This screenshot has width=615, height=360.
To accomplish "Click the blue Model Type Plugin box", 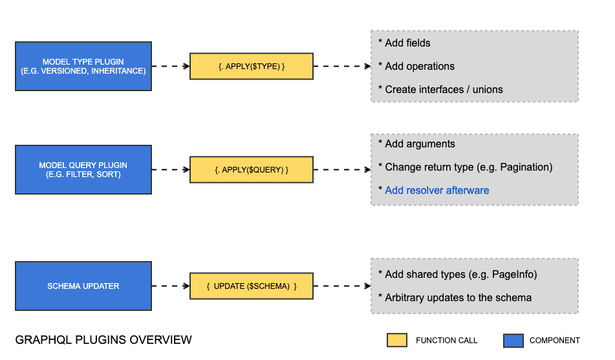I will (83, 66).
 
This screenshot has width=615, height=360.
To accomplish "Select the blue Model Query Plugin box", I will (83, 169).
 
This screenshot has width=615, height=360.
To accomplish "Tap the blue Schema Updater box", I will (83, 286).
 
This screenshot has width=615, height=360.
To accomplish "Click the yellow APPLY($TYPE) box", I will (251, 66).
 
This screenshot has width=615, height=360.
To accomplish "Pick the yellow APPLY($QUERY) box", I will (251, 169).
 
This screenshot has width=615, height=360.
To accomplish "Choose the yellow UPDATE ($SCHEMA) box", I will (251, 286).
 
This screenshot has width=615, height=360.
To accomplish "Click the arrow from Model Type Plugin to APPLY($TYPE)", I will (171, 66).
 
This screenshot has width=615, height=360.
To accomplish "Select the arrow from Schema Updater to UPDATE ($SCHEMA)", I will (171, 286).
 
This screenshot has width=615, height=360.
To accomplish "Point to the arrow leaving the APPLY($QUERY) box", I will (342, 169).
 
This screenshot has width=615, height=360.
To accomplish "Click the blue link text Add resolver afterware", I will (437, 191).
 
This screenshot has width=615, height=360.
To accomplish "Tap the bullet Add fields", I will (407, 43).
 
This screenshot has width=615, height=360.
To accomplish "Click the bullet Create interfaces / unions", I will (443, 90).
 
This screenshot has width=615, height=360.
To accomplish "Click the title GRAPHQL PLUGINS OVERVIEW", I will (103, 340).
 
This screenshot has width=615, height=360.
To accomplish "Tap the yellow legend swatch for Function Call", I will (396, 340).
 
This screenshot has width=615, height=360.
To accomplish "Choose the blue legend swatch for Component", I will (513, 340).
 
